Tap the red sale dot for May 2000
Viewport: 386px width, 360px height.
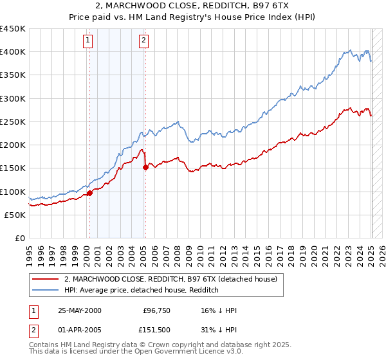pos(90,193)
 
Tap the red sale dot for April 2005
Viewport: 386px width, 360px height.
pos(145,168)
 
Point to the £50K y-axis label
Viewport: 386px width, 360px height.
pos(15,215)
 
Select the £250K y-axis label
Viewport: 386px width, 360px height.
pos(12,122)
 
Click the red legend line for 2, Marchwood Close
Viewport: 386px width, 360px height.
pos(46,279)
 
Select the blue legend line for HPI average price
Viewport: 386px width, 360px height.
pos(46,290)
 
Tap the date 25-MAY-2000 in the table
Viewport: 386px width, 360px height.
pos(80,310)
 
